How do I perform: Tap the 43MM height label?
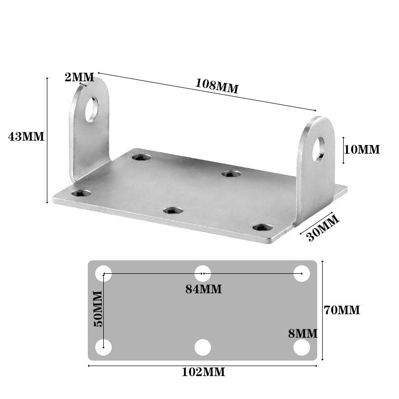tap(26, 136)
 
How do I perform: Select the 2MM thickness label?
tap(79, 77)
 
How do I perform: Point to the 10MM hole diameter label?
tap(362, 149)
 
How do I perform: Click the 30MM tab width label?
tap(323, 228)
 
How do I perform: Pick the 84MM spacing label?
tap(203, 289)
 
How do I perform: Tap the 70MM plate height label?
tap(342, 310)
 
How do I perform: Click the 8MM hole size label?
tap(303, 334)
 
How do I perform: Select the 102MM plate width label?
tap(203, 372)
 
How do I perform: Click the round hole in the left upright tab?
tap(92, 109)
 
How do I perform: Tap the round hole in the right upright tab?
tap(318, 149)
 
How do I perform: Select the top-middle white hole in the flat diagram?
tap(202, 273)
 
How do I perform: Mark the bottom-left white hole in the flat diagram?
tap(103, 347)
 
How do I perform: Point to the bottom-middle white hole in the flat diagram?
tap(202, 347)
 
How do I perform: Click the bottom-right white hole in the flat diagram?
tap(301, 347)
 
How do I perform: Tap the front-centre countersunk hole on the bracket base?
tap(172, 211)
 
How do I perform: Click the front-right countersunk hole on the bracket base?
tap(262, 227)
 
